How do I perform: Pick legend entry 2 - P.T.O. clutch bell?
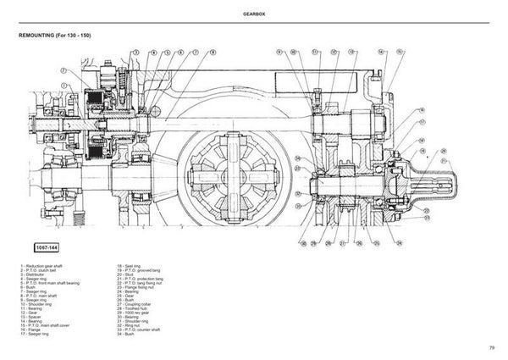[42, 271]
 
